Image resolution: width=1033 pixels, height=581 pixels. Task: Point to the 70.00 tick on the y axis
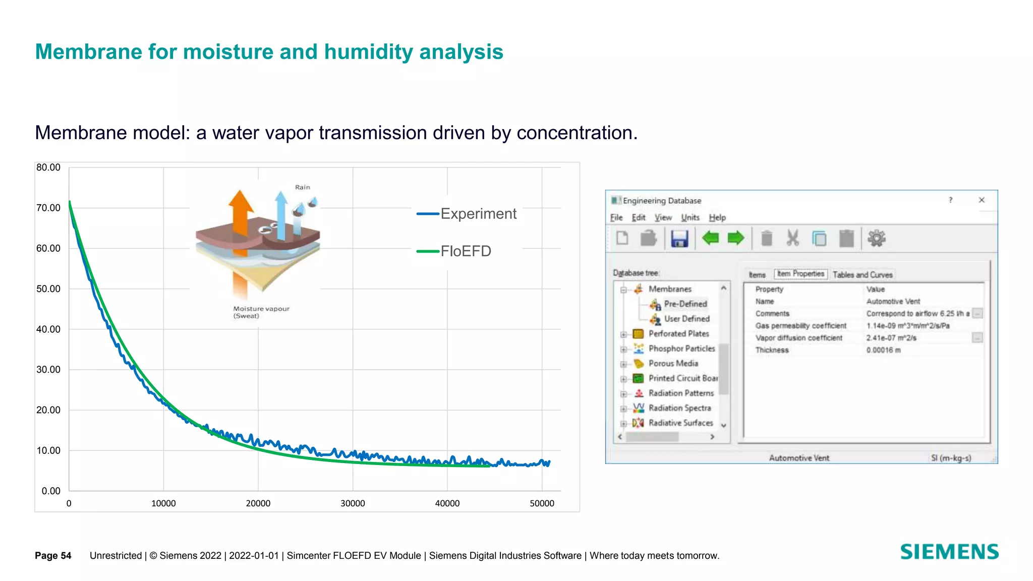(48, 208)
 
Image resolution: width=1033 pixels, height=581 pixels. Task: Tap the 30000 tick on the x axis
(353, 503)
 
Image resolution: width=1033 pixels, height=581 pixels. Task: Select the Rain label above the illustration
(303, 187)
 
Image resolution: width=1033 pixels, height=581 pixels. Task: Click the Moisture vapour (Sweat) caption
(261, 312)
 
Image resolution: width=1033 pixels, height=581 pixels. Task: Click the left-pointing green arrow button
(710, 238)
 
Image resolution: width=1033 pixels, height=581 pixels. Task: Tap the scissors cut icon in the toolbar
(792, 238)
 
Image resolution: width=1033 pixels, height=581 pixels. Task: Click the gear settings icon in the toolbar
(876, 238)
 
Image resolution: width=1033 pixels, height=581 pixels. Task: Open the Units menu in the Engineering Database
(690, 217)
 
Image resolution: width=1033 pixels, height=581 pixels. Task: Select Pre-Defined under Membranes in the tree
(685, 304)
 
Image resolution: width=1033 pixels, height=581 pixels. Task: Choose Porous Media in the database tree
(673, 363)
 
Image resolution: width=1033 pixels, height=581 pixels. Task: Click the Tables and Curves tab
(862, 275)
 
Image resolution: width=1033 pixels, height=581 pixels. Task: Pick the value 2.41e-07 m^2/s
(891, 338)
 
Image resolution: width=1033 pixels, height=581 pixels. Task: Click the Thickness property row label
(772, 350)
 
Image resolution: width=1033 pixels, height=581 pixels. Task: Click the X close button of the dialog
(982, 200)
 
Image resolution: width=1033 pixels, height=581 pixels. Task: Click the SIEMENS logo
(949, 552)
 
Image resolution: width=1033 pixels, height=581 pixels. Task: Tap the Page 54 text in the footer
(53, 556)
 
